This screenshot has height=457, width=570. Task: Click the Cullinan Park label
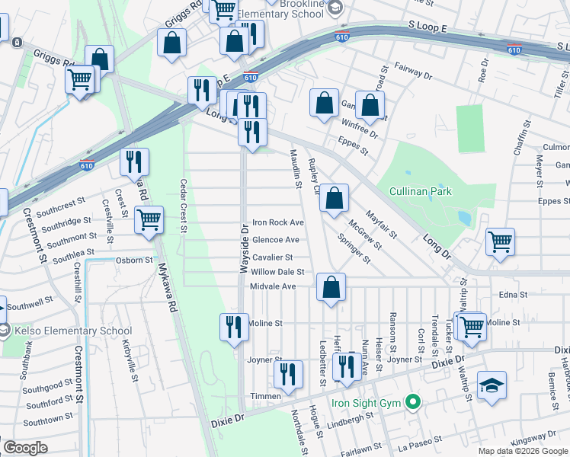pyautogui.click(x=421, y=192)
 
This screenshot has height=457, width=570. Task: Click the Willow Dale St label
pyautogui.click(x=277, y=272)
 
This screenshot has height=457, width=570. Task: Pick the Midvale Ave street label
pyautogui.click(x=273, y=286)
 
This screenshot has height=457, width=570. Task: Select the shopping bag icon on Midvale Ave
pyautogui.click(x=331, y=289)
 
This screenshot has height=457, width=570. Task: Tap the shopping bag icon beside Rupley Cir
pyautogui.click(x=334, y=200)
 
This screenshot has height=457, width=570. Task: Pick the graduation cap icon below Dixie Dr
pyautogui.click(x=492, y=386)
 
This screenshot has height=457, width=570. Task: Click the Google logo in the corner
pyautogui.click(x=25, y=448)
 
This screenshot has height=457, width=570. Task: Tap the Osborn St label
pyautogui.click(x=134, y=260)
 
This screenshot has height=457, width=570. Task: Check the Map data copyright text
pyautogui.click(x=521, y=451)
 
